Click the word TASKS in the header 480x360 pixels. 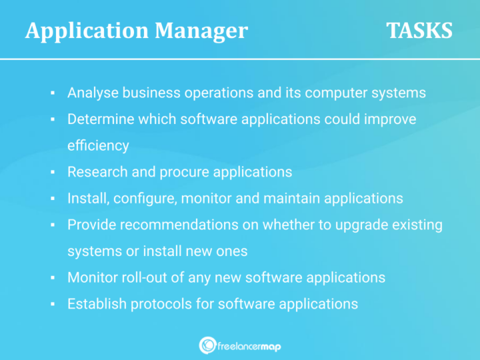419,31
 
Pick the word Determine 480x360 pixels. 97,119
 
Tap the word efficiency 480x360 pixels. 98,145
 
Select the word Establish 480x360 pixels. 96,303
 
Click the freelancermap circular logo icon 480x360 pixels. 207,345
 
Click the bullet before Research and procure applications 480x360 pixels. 52,172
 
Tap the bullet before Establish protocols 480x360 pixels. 52,304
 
